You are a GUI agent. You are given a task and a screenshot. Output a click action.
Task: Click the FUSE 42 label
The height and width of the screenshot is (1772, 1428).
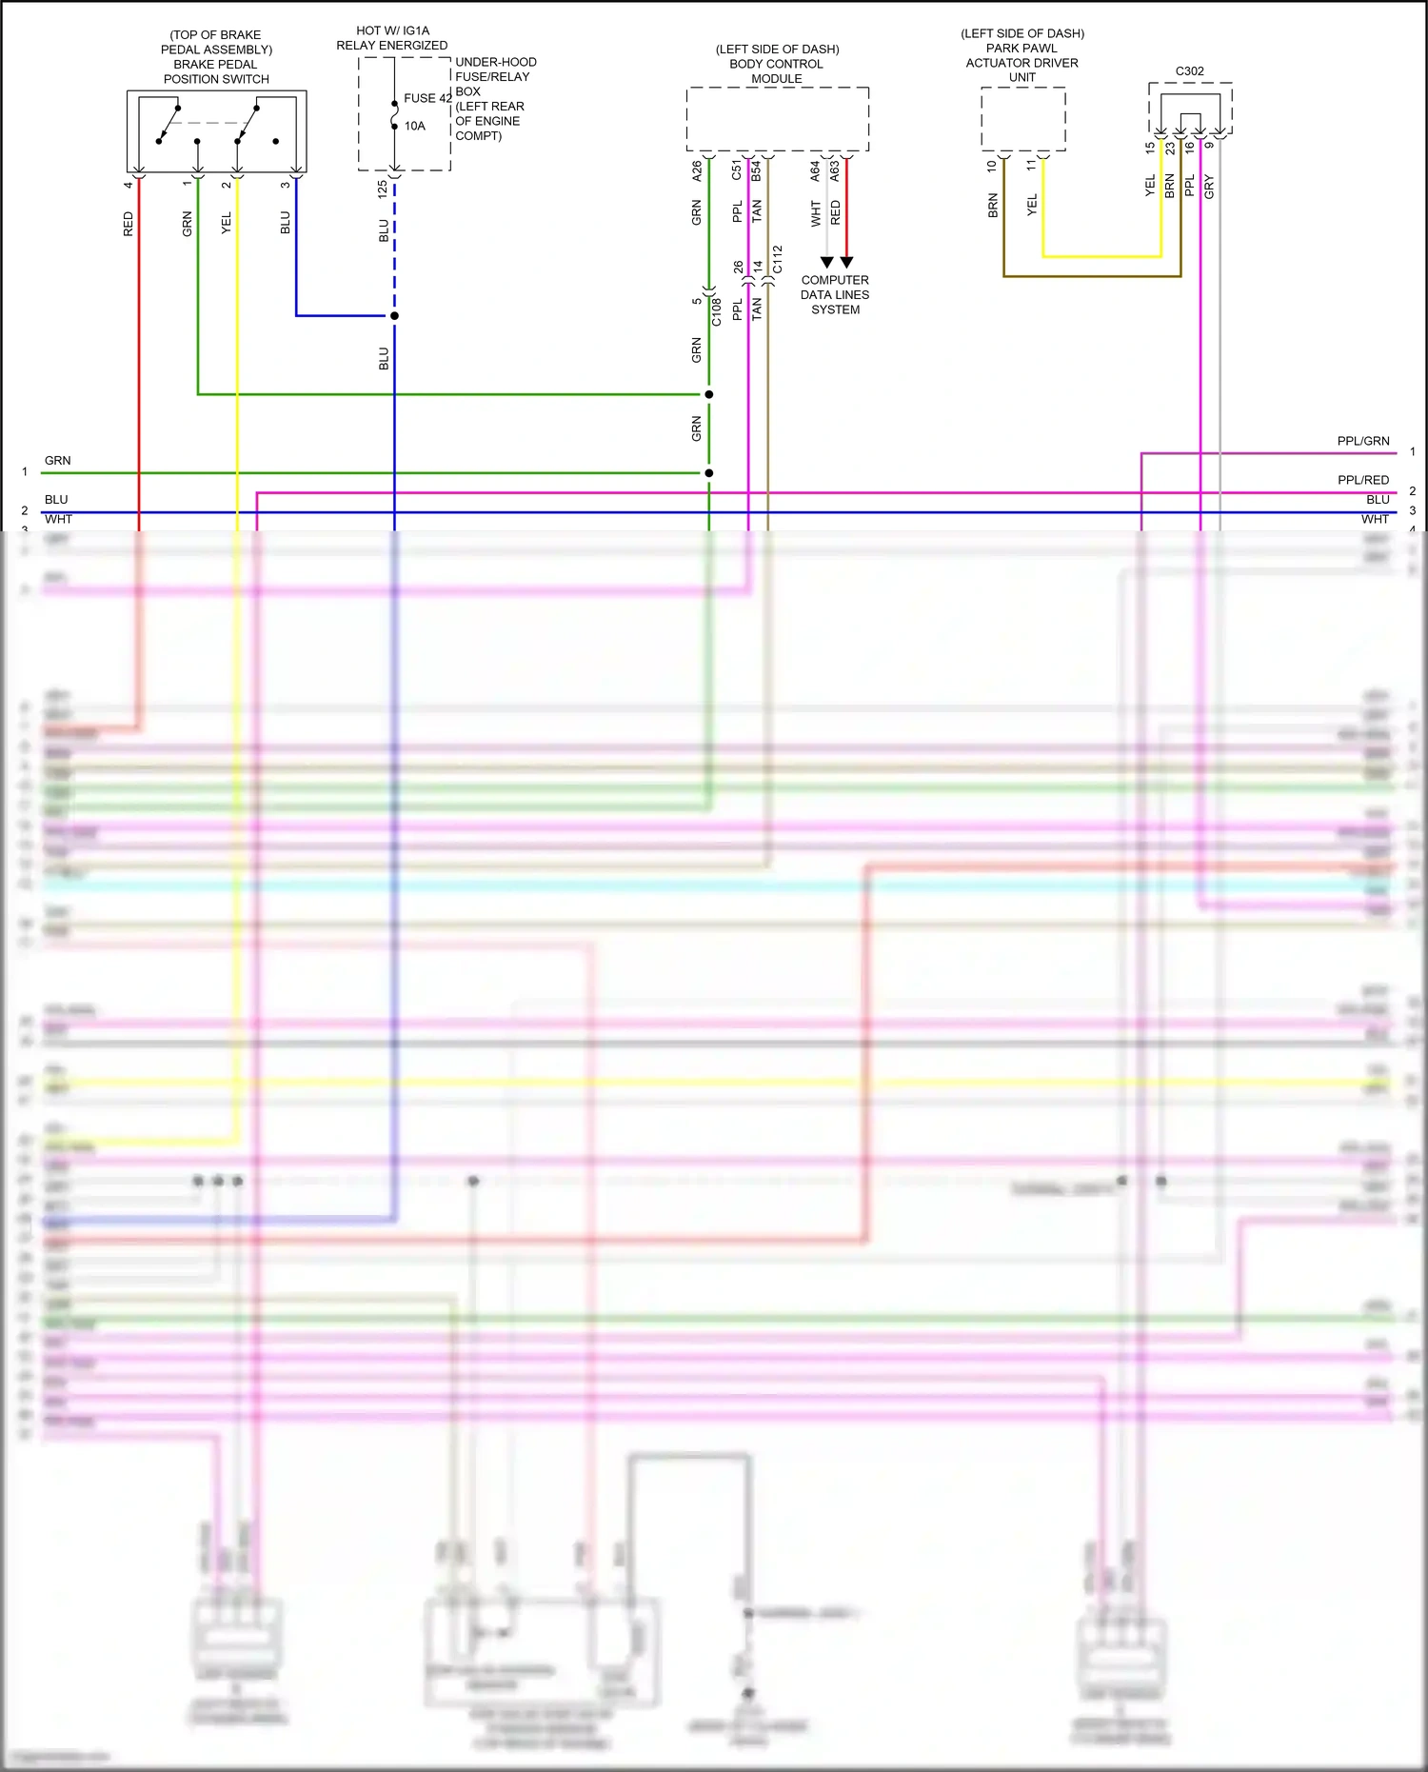tap(427, 98)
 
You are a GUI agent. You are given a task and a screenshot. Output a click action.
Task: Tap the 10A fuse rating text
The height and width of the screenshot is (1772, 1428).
tap(415, 126)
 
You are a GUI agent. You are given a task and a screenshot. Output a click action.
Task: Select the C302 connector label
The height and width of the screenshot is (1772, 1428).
tap(1189, 71)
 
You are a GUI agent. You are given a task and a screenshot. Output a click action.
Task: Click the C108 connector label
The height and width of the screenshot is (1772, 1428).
tap(717, 311)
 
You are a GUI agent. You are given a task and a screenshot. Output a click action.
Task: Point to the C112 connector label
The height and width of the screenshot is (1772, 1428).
tap(778, 259)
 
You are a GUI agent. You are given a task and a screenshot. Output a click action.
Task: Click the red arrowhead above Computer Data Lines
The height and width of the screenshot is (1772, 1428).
tap(846, 262)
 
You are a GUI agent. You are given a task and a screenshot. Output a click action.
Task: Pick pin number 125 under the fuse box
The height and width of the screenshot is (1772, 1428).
tap(383, 189)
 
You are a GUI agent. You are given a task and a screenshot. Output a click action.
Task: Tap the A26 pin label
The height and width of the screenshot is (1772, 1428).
tap(697, 170)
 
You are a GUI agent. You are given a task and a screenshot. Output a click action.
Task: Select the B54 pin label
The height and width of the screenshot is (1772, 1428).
tap(757, 170)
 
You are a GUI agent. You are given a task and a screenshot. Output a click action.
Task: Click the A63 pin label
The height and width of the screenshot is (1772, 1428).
tap(835, 170)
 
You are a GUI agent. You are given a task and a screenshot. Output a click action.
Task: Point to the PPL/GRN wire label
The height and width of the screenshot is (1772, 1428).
tap(1362, 441)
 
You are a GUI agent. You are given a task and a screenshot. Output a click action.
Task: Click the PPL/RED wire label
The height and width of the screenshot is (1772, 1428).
tap(1362, 480)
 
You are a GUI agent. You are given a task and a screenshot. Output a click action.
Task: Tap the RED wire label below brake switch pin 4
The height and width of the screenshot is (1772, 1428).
tap(129, 225)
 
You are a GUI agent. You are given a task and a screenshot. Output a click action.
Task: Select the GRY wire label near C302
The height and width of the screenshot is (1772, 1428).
tap(1209, 187)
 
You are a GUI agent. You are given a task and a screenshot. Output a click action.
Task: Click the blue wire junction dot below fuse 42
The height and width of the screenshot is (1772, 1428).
tap(394, 316)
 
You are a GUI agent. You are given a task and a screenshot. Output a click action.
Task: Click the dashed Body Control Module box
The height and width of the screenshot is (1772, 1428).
tap(777, 119)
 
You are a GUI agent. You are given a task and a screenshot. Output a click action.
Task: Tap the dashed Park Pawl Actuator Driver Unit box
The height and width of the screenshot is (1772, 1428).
tap(1022, 119)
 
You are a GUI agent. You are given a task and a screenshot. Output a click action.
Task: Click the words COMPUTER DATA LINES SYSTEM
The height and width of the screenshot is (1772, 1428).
tap(835, 295)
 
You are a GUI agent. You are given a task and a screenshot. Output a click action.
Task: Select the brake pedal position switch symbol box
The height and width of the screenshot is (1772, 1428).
tap(216, 131)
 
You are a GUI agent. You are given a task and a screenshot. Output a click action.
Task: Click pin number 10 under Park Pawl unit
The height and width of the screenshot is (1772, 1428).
tap(992, 166)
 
